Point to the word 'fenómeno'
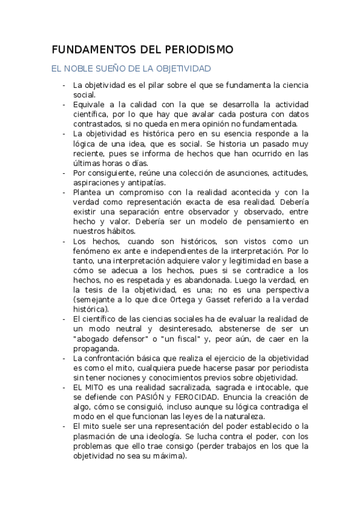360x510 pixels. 91,250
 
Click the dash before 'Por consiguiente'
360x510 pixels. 64,173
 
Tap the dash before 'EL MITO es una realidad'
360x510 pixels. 64,387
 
